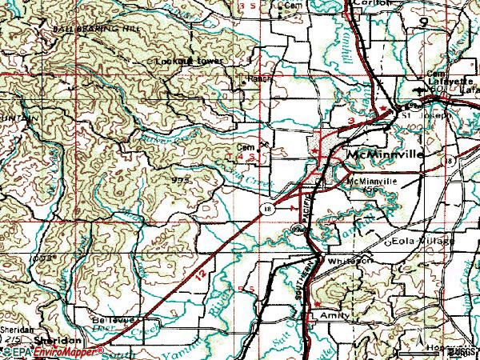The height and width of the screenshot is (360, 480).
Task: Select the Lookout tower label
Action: coord(190,61)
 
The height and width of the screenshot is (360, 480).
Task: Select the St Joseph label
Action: coord(426,114)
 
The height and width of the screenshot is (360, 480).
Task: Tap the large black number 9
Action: coord(438,25)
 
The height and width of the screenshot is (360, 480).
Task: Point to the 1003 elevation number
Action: coord(42,258)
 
